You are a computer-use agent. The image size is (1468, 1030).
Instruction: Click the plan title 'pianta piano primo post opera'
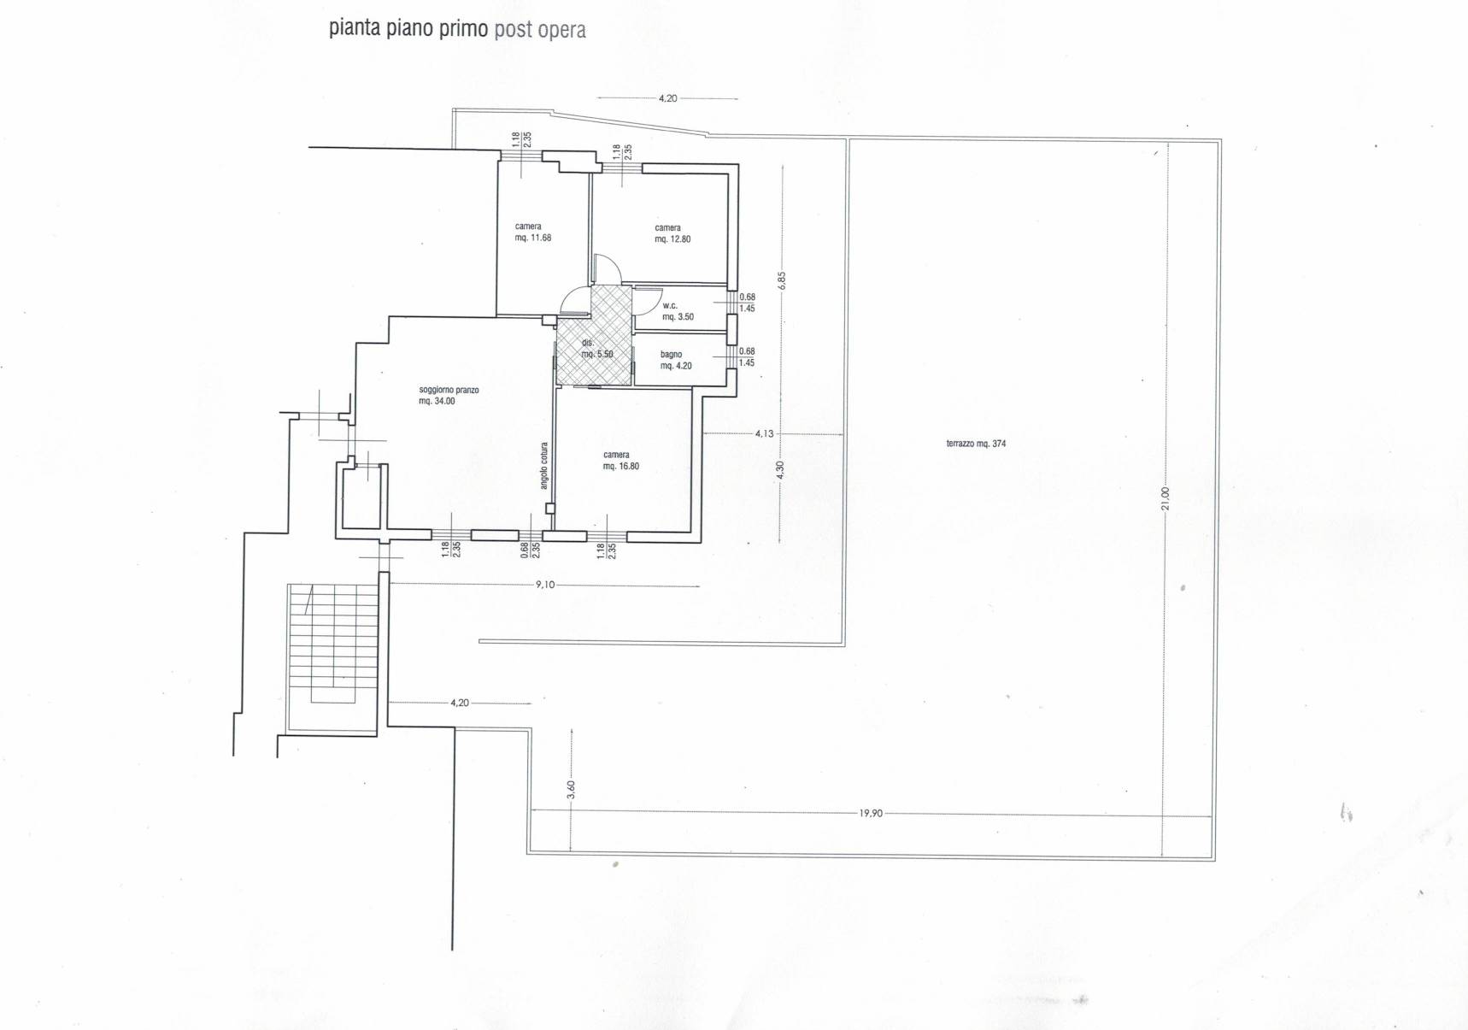pos(457,28)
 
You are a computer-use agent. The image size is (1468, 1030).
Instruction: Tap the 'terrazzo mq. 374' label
pos(976,444)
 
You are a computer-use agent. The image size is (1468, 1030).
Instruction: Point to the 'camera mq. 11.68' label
pos(532,232)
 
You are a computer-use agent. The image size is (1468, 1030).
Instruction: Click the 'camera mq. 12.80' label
pos(672,233)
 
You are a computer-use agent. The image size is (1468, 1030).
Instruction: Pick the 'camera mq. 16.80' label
pos(621,461)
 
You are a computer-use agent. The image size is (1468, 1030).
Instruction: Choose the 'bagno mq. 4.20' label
pos(676,360)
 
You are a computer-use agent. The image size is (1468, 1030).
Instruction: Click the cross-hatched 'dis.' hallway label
pos(597,349)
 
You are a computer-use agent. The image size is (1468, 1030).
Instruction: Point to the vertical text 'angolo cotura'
pos(544,465)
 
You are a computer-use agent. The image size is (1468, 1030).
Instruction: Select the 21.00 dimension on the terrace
pos(1165,498)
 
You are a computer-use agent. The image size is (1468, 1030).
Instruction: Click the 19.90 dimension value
pos(871,813)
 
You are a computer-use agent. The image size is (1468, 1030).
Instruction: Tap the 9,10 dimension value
pos(545,585)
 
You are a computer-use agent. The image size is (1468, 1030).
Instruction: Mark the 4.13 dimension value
pos(764,433)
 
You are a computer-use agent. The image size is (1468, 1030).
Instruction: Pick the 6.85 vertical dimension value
pos(781,280)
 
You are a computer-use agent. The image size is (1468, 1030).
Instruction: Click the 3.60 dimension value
pos(571,790)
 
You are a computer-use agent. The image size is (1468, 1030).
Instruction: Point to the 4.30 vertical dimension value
pos(779,469)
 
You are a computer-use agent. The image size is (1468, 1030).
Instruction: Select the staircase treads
pos(332,643)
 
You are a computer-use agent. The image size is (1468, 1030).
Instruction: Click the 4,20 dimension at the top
pos(667,98)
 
